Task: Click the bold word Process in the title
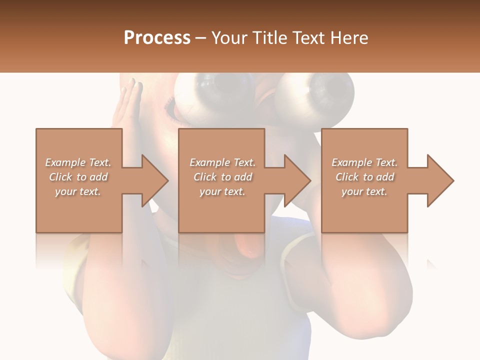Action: pos(157,38)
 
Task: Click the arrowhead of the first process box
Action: pos(155,180)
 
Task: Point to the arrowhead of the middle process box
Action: pos(297,180)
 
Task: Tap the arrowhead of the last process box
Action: pos(440,180)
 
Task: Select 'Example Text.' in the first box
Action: pos(78,162)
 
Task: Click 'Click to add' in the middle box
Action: pos(222,177)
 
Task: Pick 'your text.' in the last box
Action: pos(364,191)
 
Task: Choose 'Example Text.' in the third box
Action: pos(364,162)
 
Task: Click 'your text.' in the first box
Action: pos(78,191)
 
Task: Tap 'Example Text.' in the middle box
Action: pos(222,162)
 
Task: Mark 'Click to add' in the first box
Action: pos(78,177)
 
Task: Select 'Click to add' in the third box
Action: pos(364,177)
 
